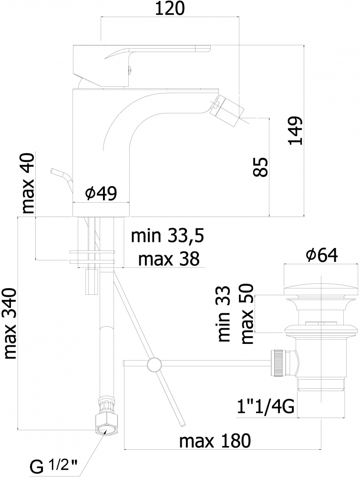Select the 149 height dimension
point(296,130)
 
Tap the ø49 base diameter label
point(101,194)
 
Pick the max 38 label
point(169,259)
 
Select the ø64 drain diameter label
point(322,255)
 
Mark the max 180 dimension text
point(215,441)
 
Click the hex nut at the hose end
point(105,424)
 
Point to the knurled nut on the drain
point(279,363)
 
